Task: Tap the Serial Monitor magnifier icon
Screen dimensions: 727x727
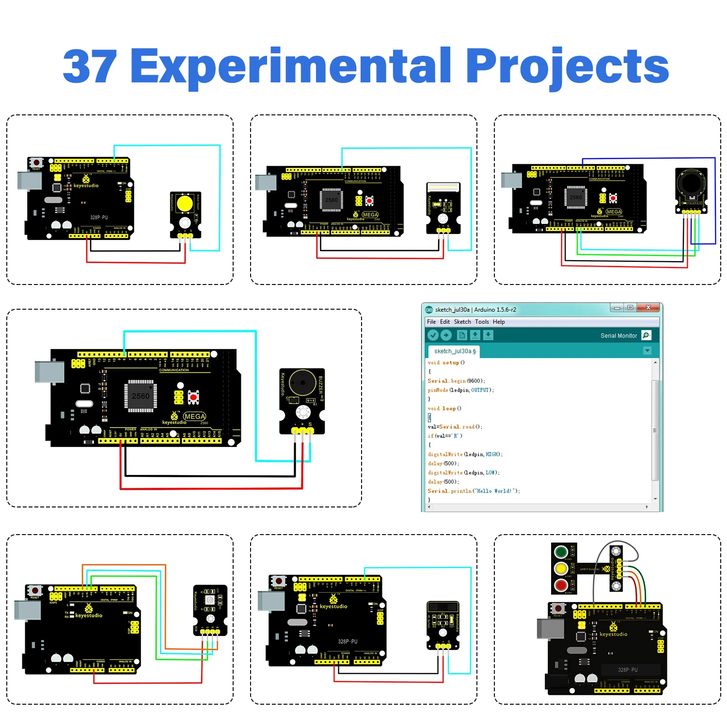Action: [646, 335]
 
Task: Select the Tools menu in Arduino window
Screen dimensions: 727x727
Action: [482, 322]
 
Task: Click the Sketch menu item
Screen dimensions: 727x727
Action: [462, 322]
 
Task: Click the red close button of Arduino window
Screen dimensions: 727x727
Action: [648, 308]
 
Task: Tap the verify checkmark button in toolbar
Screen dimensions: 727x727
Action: [433, 335]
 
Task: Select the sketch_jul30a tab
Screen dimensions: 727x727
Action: [454, 351]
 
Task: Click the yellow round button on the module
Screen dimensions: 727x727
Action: [185, 204]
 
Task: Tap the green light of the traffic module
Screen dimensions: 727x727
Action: [561, 552]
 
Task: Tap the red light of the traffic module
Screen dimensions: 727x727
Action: [561, 585]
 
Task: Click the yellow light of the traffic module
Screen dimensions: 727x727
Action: [561, 569]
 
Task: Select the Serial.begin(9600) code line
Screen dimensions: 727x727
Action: [456, 381]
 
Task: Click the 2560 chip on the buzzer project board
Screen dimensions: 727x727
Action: [141, 396]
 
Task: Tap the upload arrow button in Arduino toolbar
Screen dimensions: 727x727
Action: [446, 335]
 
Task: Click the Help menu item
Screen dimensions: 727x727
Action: [499, 322]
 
